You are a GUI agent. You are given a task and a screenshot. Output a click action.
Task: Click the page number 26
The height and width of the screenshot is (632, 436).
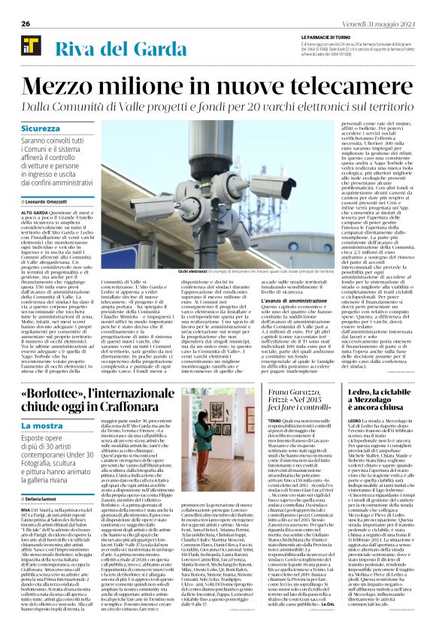tap(25, 23)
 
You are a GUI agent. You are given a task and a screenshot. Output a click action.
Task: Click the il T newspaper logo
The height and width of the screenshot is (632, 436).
tap(30, 49)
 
